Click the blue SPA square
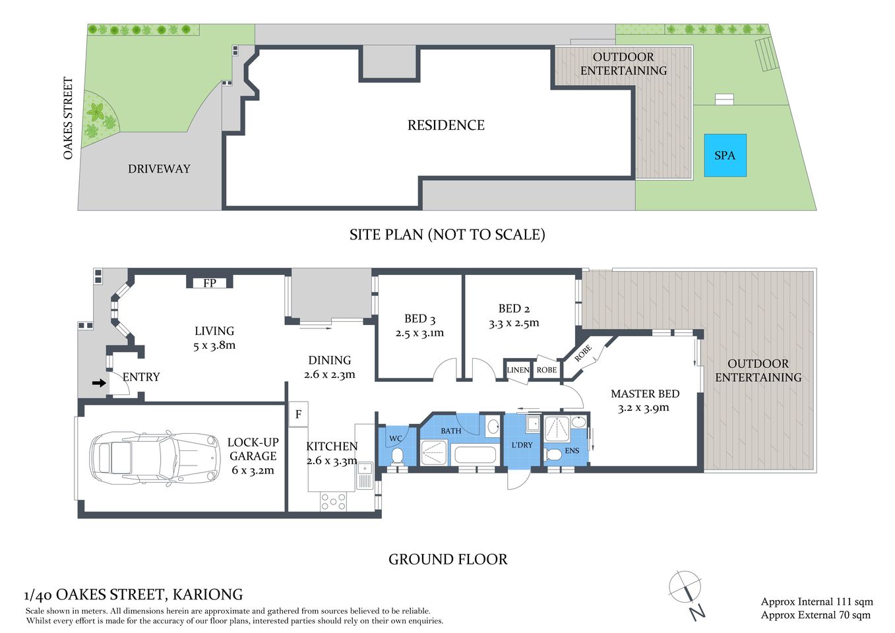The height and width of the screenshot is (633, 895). (725, 156)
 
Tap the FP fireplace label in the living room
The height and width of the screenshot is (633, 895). (210, 283)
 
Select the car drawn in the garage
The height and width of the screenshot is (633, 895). (154, 457)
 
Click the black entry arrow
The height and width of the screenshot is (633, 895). (99, 382)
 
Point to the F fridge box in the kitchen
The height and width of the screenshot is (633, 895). (298, 414)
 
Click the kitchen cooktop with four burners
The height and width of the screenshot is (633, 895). (333, 502)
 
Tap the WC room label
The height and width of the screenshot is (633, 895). (396, 438)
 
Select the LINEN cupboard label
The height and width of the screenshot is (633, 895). (518, 370)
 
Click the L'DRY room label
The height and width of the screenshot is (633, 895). (522, 445)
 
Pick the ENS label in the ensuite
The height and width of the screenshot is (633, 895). (572, 451)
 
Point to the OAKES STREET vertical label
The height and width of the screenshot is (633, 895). (68, 118)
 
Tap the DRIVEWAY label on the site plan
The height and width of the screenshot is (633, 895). (159, 169)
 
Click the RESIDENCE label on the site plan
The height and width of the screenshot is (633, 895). (446, 125)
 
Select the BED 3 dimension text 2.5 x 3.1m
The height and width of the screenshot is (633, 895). (419, 333)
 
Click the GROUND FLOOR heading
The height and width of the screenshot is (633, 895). (448, 559)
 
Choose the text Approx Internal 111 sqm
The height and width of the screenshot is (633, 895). (817, 601)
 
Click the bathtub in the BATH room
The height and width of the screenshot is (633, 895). (475, 454)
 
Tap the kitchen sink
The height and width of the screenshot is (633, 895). (365, 475)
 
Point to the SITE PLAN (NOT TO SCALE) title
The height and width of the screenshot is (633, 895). (447, 235)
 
